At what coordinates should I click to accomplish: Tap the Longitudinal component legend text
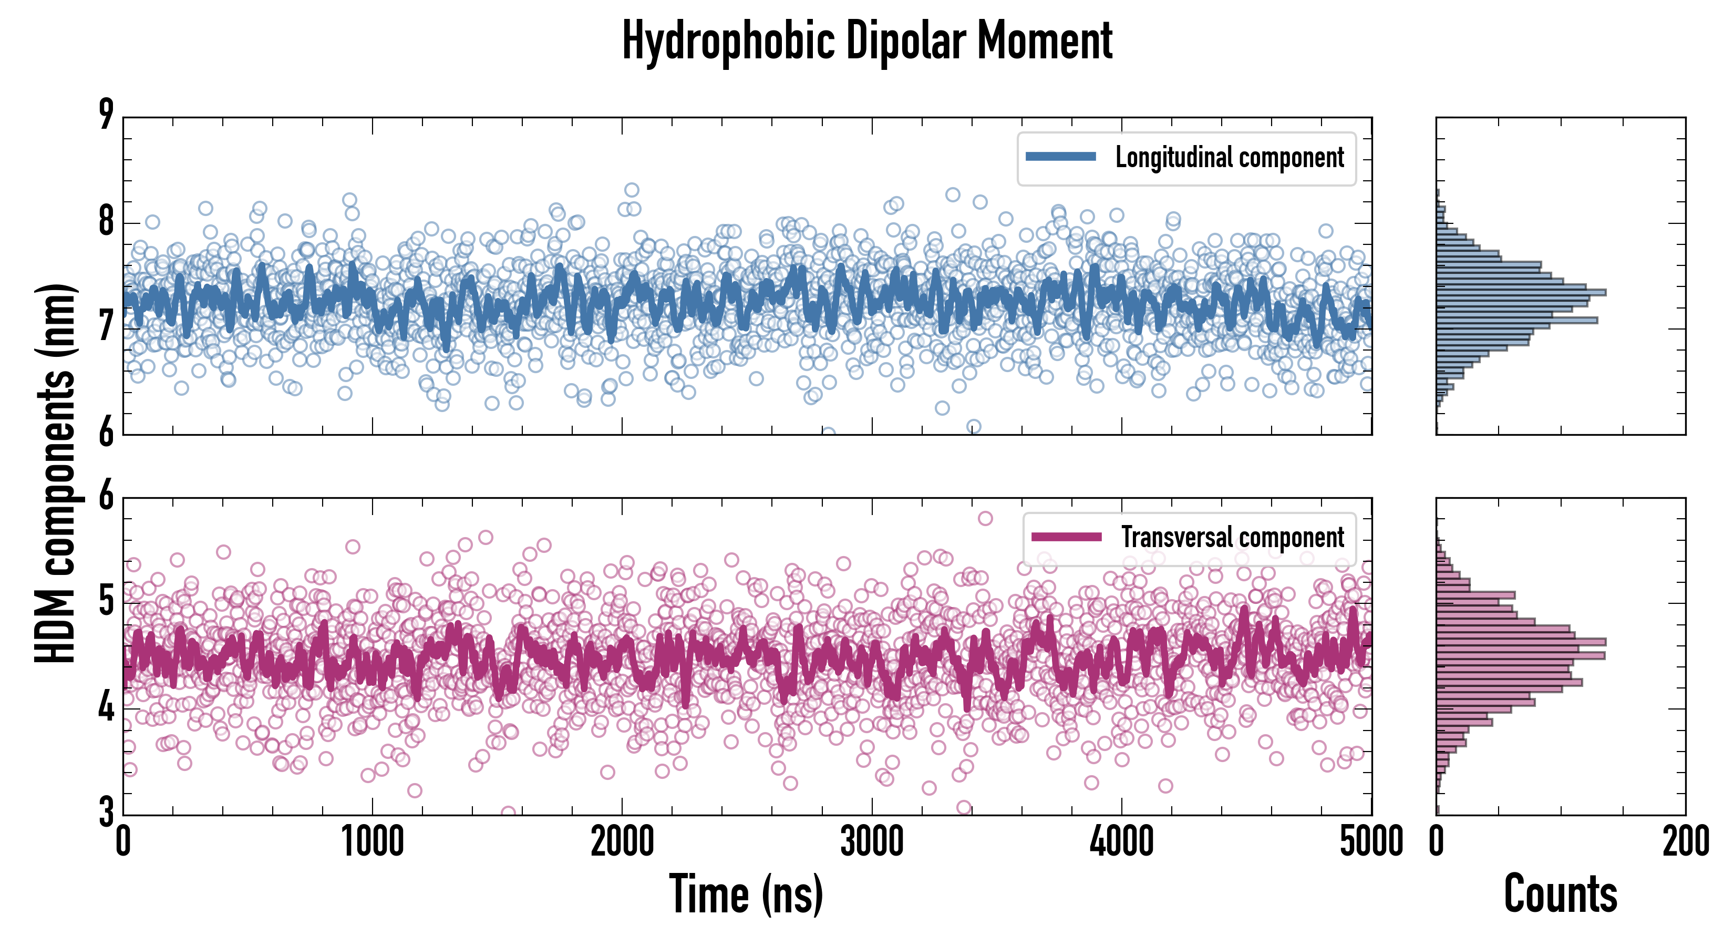point(1229,158)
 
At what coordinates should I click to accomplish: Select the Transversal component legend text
point(1232,537)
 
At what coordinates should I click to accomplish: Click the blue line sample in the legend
point(1061,157)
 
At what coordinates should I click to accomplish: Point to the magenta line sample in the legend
point(1066,537)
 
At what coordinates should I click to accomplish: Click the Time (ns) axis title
point(746,894)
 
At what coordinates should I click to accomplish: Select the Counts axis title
point(1560,894)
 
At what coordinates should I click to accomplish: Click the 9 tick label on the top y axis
point(106,115)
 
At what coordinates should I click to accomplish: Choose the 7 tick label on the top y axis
point(106,327)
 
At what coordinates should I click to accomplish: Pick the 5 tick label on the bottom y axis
point(106,601)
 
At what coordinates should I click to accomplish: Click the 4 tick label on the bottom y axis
point(106,707)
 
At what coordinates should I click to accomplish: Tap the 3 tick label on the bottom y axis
point(106,812)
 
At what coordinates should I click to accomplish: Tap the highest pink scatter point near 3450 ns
point(985,518)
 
